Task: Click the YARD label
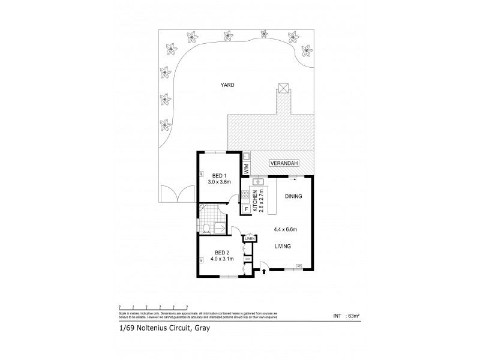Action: (x=226, y=86)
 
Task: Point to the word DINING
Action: (x=293, y=196)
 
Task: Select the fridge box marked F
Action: (x=246, y=209)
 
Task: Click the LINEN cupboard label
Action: (x=250, y=239)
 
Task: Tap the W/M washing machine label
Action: (x=246, y=167)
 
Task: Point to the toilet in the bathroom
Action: (x=206, y=227)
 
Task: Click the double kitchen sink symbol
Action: (x=257, y=181)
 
